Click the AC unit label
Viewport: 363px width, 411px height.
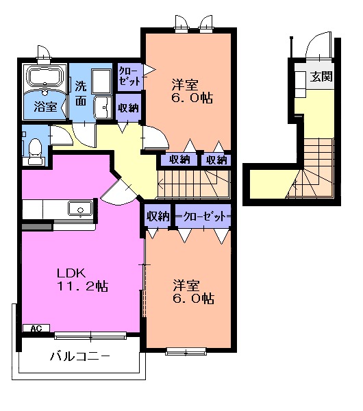[36, 328]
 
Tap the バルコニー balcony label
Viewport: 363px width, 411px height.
[80, 356]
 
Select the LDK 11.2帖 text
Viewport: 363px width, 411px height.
[82, 279]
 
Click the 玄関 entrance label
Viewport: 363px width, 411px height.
[321, 76]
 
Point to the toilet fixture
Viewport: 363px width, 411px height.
[34, 151]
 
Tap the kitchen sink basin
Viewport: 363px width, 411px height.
[80, 209]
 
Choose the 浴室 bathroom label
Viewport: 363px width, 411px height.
[45, 106]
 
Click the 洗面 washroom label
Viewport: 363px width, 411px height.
[81, 93]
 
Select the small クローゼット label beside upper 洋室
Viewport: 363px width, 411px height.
[129, 76]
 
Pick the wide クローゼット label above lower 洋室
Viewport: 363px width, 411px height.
[203, 216]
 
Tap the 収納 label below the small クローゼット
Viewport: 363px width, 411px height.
[128, 108]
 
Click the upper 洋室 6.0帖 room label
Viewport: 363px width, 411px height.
[192, 91]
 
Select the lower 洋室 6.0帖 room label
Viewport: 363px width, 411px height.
[193, 292]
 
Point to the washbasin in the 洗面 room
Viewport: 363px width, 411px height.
[103, 108]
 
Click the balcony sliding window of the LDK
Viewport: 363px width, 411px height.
[90, 336]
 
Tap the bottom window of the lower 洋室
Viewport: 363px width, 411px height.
[186, 351]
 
